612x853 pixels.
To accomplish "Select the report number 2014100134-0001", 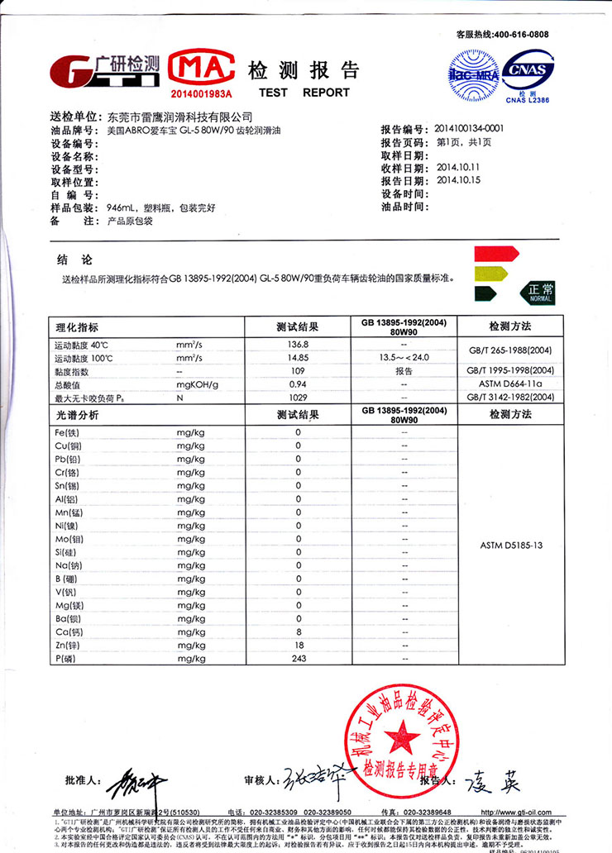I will [x=470, y=129].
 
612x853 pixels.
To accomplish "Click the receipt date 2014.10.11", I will [x=458, y=167].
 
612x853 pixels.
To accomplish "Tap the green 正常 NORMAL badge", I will [x=537, y=291].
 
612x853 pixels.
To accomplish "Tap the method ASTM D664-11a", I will [x=510, y=385].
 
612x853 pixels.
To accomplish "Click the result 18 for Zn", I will [x=299, y=644].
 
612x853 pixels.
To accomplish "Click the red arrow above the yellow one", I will [x=495, y=252].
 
